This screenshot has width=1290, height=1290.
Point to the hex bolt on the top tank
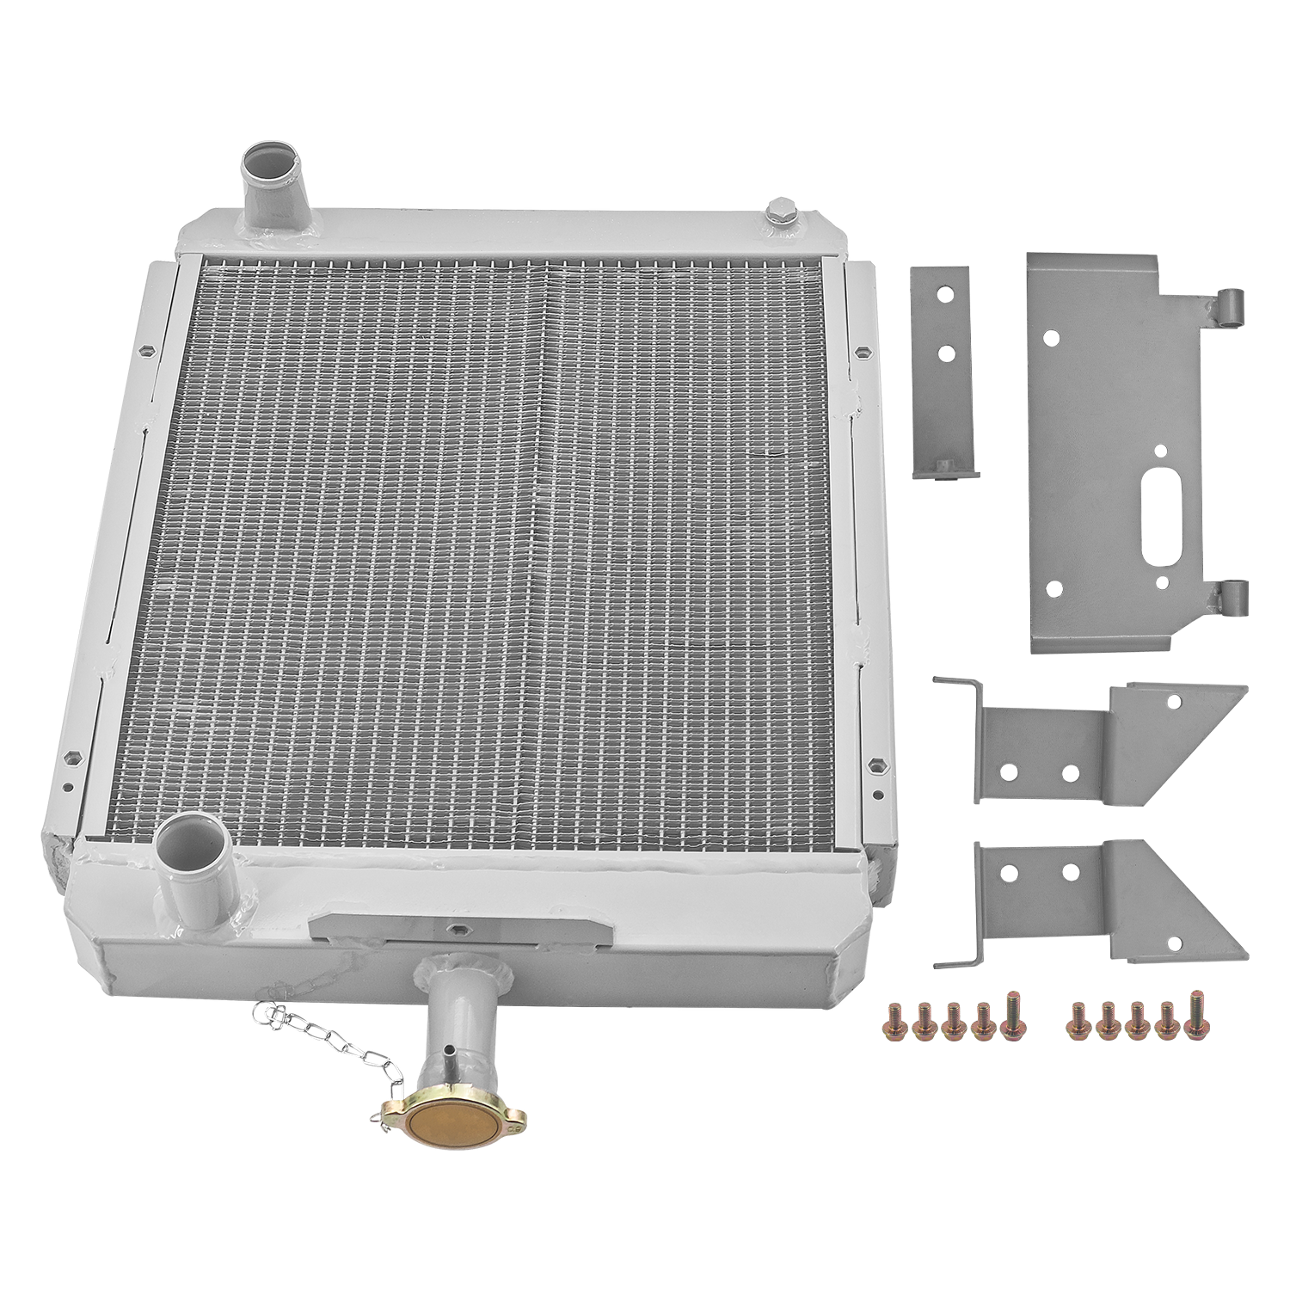coord(779,210)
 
